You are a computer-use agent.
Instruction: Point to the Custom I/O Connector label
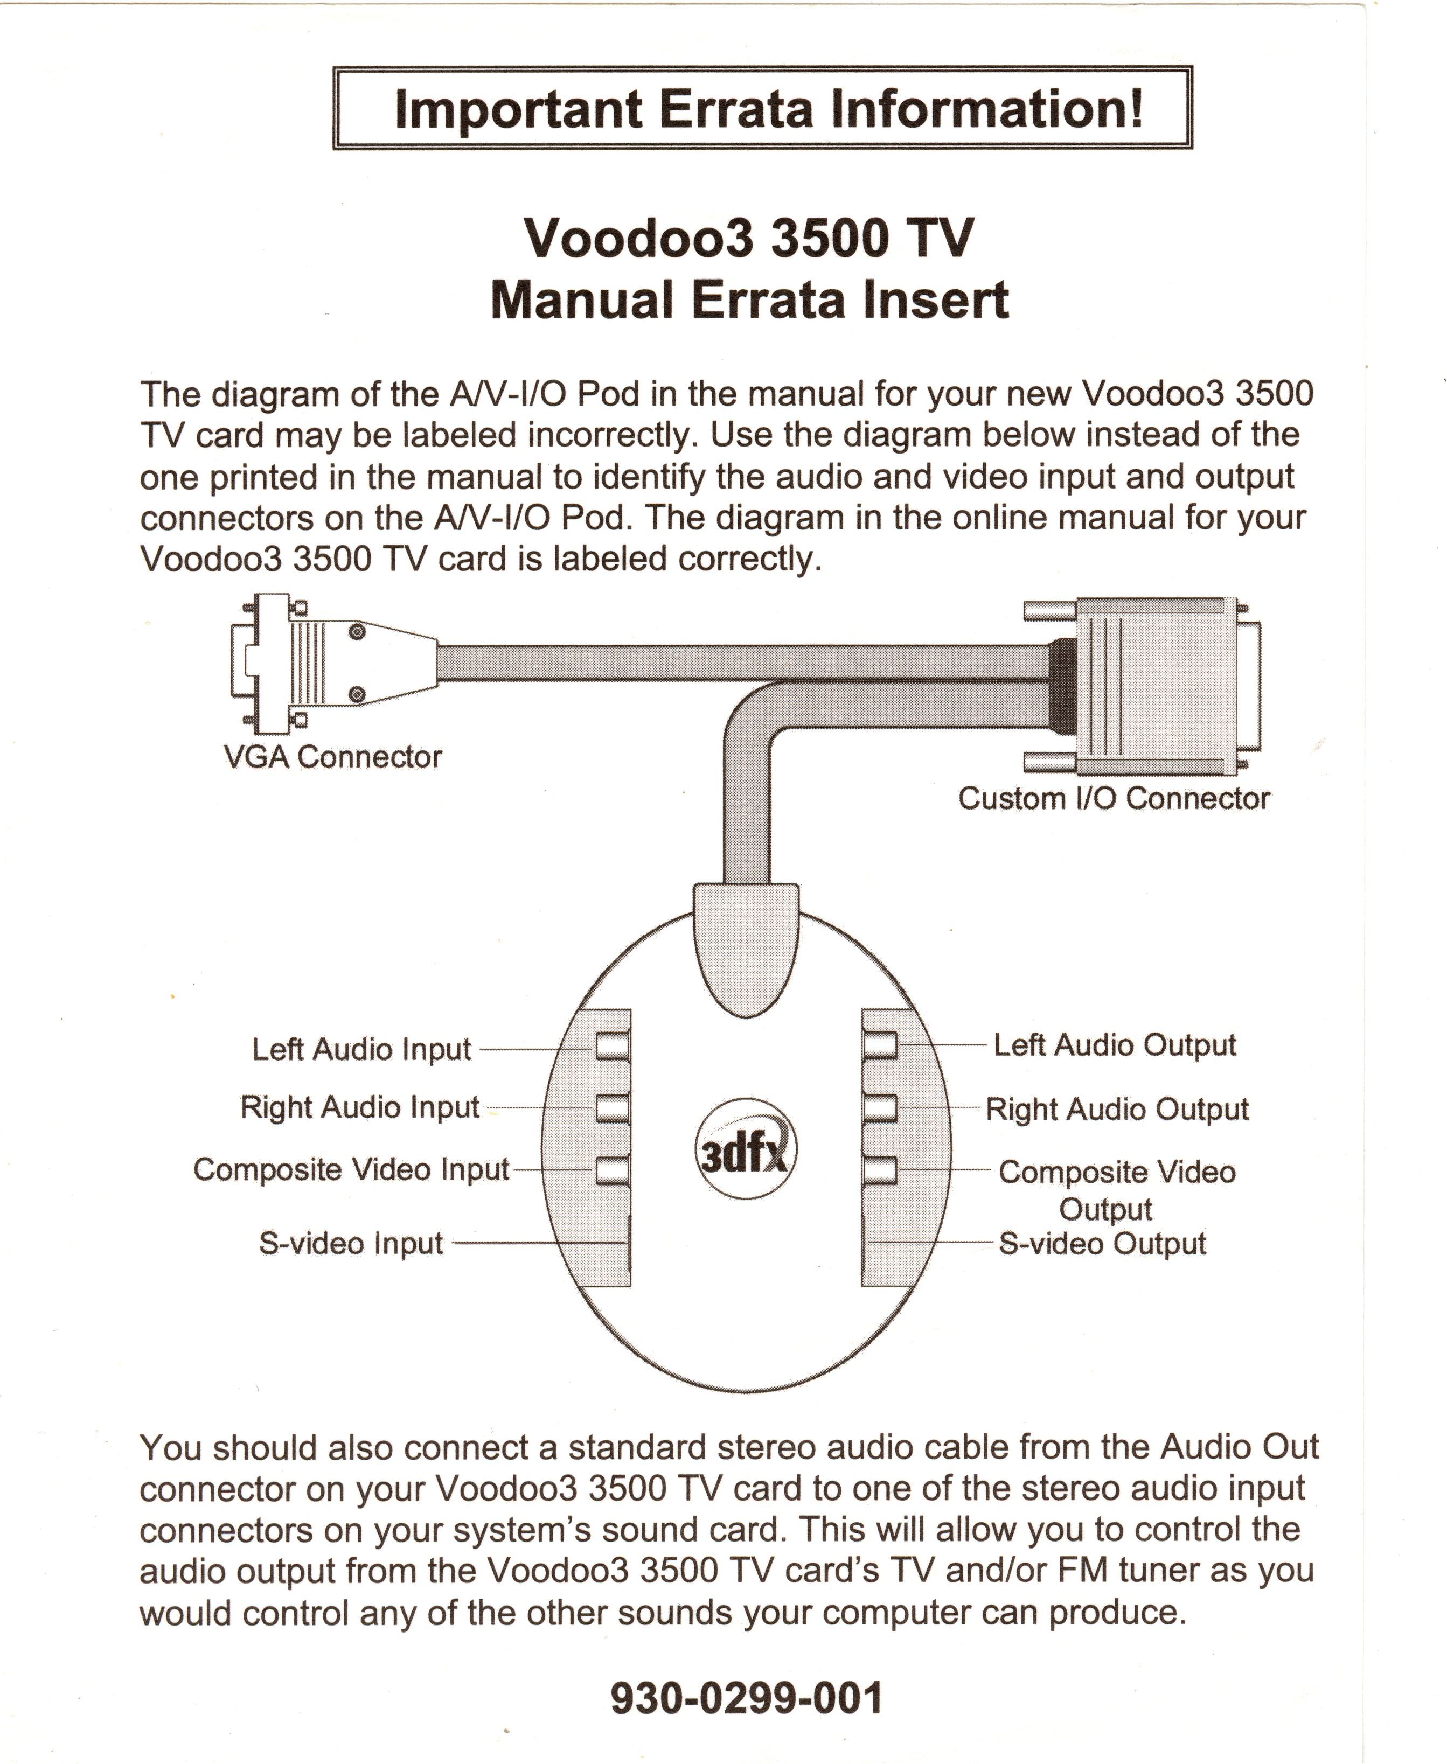[1114, 798]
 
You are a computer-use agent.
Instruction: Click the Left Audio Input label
[362, 1049]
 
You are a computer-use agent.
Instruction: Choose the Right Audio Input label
[360, 1107]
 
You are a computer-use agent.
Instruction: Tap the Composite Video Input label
[351, 1169]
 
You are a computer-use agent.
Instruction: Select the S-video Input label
[351, 1243]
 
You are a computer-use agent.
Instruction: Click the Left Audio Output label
[1115, 1045]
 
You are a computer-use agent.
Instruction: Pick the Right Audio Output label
[1117, 1109]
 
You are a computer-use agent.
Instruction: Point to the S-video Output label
[1102, 1243]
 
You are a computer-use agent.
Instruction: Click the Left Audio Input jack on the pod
[612, 1045]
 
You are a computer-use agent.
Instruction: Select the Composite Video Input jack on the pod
[612, 1170]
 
